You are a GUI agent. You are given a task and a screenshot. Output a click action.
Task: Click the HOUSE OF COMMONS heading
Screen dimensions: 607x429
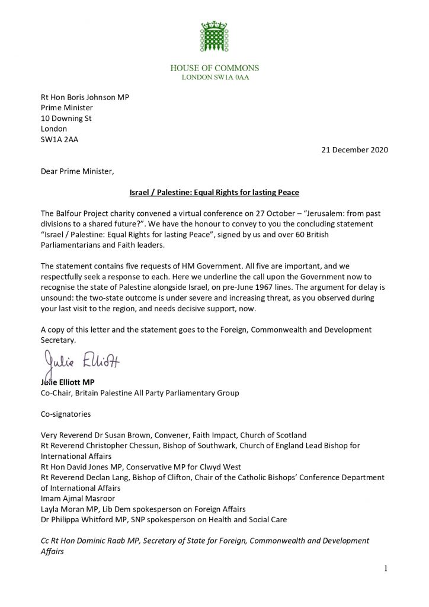[214, 68]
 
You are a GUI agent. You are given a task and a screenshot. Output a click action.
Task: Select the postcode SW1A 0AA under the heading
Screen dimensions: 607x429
[214, 78]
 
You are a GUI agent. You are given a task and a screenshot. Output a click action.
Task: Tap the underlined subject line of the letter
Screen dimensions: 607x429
[214, 193]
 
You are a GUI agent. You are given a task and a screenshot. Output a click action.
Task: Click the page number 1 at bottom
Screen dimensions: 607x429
[385, 570]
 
